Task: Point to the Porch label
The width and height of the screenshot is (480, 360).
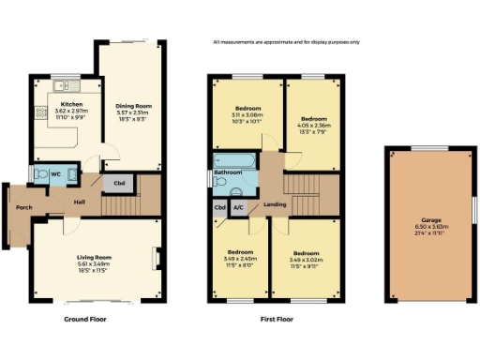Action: point(18,207)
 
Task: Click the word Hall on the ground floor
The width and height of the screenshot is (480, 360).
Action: point(81,201)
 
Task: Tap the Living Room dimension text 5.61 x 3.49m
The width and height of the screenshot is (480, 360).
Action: point(94,263)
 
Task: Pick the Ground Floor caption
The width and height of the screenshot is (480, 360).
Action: point(84,319)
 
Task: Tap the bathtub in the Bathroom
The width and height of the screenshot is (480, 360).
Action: point(234,160)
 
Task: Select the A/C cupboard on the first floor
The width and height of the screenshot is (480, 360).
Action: point(237,207)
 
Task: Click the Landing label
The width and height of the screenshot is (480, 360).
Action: point(276,204)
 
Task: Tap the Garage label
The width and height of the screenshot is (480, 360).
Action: point(427,225)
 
